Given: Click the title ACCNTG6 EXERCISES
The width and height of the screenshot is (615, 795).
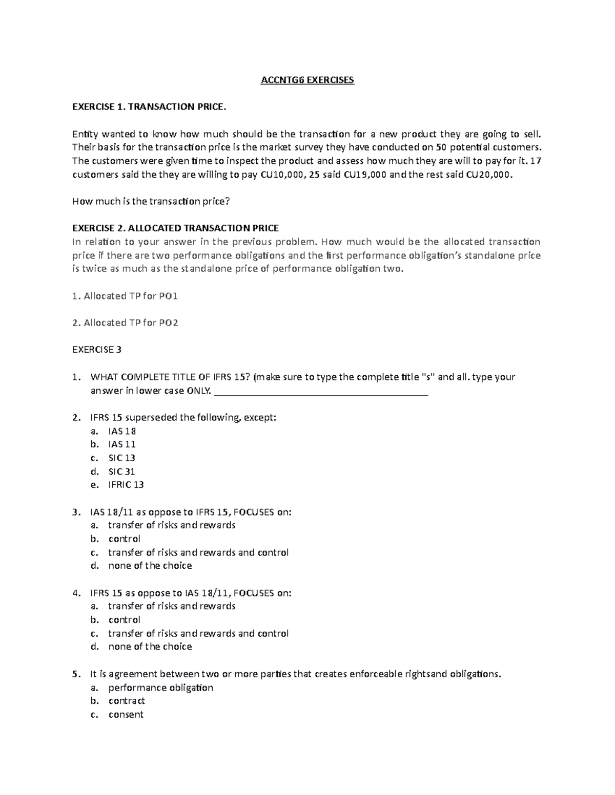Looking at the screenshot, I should click(307, 80).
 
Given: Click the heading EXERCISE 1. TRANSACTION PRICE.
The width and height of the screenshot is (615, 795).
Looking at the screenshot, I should click(149, 107).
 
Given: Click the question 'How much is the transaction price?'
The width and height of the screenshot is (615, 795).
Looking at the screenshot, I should click(151, 201).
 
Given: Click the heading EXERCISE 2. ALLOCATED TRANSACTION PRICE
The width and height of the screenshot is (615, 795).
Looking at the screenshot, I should click(175, 228).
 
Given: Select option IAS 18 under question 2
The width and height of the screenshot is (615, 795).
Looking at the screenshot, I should click(122, 431).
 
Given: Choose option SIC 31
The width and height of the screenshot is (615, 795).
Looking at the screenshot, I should click(121, 471).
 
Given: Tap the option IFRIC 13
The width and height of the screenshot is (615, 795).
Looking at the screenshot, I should click(126, 485).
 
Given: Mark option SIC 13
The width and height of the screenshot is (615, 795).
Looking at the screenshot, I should click(121, 458).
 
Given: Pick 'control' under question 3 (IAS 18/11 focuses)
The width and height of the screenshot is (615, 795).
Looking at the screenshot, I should click(124, 539).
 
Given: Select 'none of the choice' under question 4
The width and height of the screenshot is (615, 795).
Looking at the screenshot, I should click(150, 647).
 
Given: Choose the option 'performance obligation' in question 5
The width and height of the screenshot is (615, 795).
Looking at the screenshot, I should click(160, 687).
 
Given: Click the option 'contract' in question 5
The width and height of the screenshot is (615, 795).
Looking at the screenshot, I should click(127, 701).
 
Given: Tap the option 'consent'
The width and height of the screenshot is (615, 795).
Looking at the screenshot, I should click(126, 715).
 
